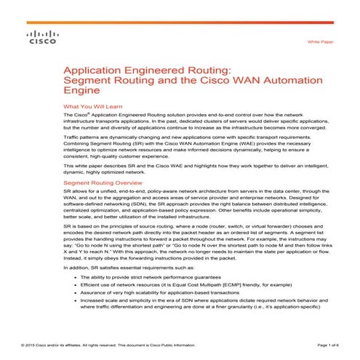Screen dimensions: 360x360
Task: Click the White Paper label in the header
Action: tap(321, 44)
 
